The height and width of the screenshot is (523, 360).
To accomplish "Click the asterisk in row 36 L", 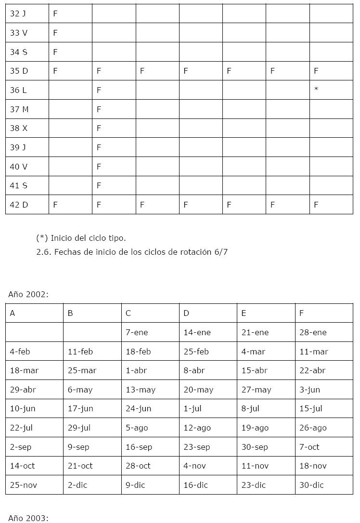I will point(316,90).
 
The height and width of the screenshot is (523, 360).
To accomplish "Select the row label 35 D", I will point(19,71).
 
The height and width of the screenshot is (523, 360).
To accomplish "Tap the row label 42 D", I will point(19,205).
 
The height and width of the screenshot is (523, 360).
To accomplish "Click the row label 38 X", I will point(19,128).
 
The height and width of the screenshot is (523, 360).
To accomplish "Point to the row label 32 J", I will point(18,13).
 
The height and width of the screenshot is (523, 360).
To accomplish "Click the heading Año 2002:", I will point(28,294).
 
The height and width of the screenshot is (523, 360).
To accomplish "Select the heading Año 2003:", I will point(28,518).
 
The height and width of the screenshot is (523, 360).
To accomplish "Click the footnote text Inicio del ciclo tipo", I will point(88,238).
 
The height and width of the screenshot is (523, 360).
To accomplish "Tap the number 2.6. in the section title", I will point(44,252).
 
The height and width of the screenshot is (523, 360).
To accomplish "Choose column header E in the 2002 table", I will point(244,313).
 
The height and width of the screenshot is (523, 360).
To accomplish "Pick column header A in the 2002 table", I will point(13,313).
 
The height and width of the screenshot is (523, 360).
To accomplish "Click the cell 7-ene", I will point(137,332).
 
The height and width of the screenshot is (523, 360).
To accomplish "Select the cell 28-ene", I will point(313,332).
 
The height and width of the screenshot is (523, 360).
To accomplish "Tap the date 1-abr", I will point(136,370).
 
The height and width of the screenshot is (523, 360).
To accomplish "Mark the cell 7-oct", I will point(309,447).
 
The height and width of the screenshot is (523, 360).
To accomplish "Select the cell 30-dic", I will point(311,485).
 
